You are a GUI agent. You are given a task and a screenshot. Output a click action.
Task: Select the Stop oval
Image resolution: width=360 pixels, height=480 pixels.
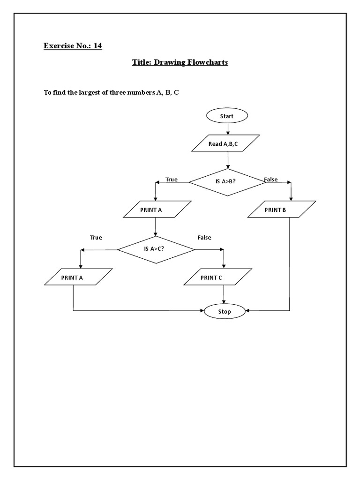pos(225,311)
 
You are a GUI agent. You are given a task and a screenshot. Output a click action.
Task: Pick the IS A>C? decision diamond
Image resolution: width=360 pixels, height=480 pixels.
pos(156,249)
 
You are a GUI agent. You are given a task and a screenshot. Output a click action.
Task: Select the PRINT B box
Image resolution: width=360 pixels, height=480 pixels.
pos(282,210)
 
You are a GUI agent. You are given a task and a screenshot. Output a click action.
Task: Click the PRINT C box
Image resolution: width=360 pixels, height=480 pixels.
pos(218,277)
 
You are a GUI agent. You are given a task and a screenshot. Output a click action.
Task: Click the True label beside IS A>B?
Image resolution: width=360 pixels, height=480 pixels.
pos(172,180)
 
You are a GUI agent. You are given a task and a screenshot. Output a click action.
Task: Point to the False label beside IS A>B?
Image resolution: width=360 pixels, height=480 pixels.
pos(271,180)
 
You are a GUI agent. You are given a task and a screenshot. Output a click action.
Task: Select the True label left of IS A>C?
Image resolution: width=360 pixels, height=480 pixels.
pos(96,238)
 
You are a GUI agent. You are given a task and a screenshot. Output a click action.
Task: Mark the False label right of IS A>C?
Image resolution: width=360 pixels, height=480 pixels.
pos(204,238)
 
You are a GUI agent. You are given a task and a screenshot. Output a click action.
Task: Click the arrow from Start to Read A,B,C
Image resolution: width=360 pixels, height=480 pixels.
pos(228,128)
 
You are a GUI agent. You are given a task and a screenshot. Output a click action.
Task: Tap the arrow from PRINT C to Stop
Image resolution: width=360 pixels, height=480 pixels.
pos(224,294)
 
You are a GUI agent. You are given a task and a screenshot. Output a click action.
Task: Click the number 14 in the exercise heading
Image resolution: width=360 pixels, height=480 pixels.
pos(97,46)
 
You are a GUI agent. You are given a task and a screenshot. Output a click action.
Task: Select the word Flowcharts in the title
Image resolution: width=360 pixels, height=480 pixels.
pos(208,62)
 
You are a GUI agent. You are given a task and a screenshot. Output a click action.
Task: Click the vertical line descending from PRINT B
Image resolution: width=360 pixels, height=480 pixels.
pos(290,262)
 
